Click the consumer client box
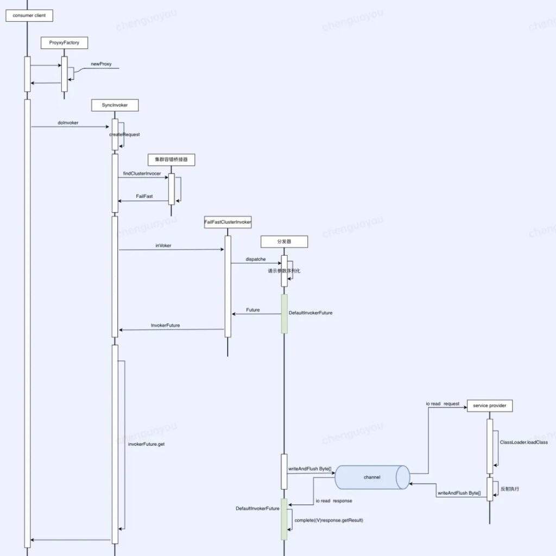click(x=29, y=16)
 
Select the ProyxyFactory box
click(x=64, y=42)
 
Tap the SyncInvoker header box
click(x=115, y=105)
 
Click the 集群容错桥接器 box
click(x=171, y=160)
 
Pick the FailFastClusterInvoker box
click(x=228, y=222)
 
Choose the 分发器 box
click(x=284, y=242)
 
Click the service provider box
click(x=489, y=406)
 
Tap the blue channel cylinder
click(x=372, y=477)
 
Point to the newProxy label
click(x=101, y=64)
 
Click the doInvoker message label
click(x=68, y=123)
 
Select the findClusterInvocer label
click(x=142, y=173)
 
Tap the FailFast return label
click(x=144, y=196)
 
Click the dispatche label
click(x=256, y=260)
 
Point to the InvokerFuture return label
click(x=165, y=325)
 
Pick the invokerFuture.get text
click(x=146, y=444)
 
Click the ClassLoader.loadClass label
click(x=523, y=443)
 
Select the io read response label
click(x=333, y=501)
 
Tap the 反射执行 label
click(x=509, y=489)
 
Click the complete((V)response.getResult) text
click(x=328, y=520)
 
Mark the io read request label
click(x=443, y=404)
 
